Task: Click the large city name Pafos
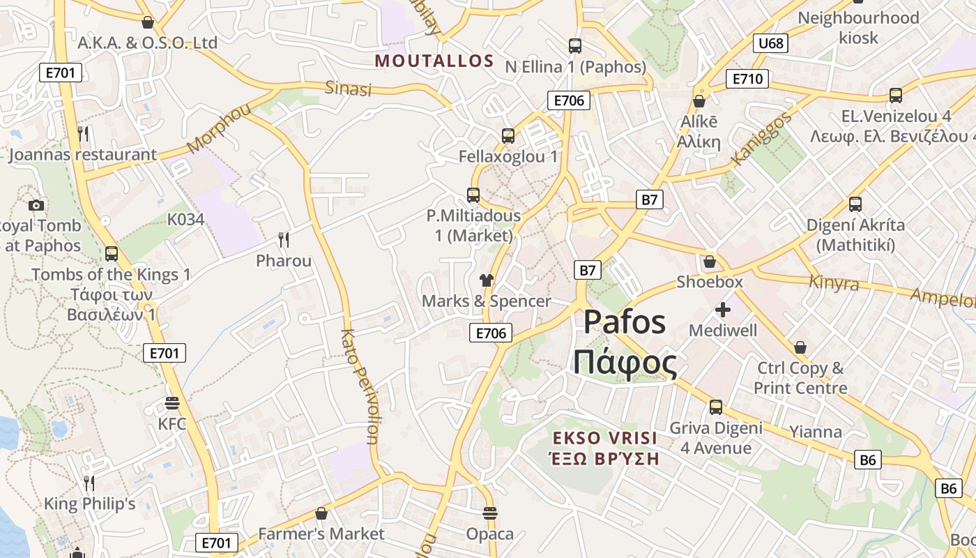click(625, 322)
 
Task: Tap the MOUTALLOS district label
click(434, 61)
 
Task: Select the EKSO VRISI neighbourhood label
click(604, 438)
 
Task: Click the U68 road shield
click(770, 43)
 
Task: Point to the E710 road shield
click(747, 79)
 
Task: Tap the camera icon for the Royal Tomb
click(36, 205)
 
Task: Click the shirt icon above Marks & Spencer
click(487, 280)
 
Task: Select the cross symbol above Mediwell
click(723, 309)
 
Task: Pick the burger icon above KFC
click(172, 403)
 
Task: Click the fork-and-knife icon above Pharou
click(284, 240)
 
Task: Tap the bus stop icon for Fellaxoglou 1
click(508, 136)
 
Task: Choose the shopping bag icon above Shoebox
click(710, 262)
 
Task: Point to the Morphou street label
click(218, 129)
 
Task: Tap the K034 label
click(185, 220)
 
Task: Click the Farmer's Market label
click(321, 534)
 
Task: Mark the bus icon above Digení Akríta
click(855, 204)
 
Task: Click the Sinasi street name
click(348, 89)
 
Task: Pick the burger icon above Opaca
click(490, 514)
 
